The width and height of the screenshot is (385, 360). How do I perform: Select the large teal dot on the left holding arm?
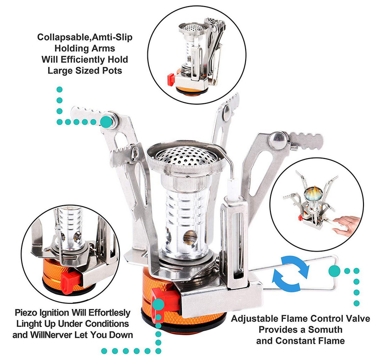click(x=107, y=121)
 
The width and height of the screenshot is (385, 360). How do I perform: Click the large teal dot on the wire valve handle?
click(x=334, y=270)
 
